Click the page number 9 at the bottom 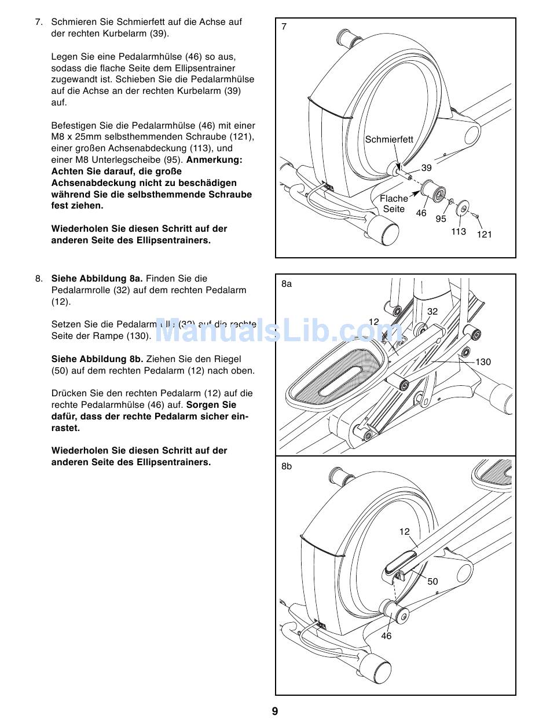click(x=275, y=711)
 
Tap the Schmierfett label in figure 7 click(x=389, y=139)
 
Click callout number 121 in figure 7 click(x=484, y=234)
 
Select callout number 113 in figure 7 click(x=459, y=232)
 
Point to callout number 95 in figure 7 click(x=441, y=219)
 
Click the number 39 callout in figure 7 click(x=426, y=168)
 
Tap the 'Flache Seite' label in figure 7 click(x=394, y=203)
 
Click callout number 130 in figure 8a click(x=483, y=362)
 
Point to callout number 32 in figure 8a click(x=432, y=311)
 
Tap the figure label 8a click(x=287, y=284)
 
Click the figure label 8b click(x=287, y=466)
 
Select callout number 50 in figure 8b click(x=432, y=582)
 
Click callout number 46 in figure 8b click(x=386, y=636)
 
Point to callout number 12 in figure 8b click(x=404, y=531)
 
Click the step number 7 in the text click(x=39, y=22)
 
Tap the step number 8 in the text click(x=39, y=279)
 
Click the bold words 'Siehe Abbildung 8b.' click(x=97, y=359)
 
